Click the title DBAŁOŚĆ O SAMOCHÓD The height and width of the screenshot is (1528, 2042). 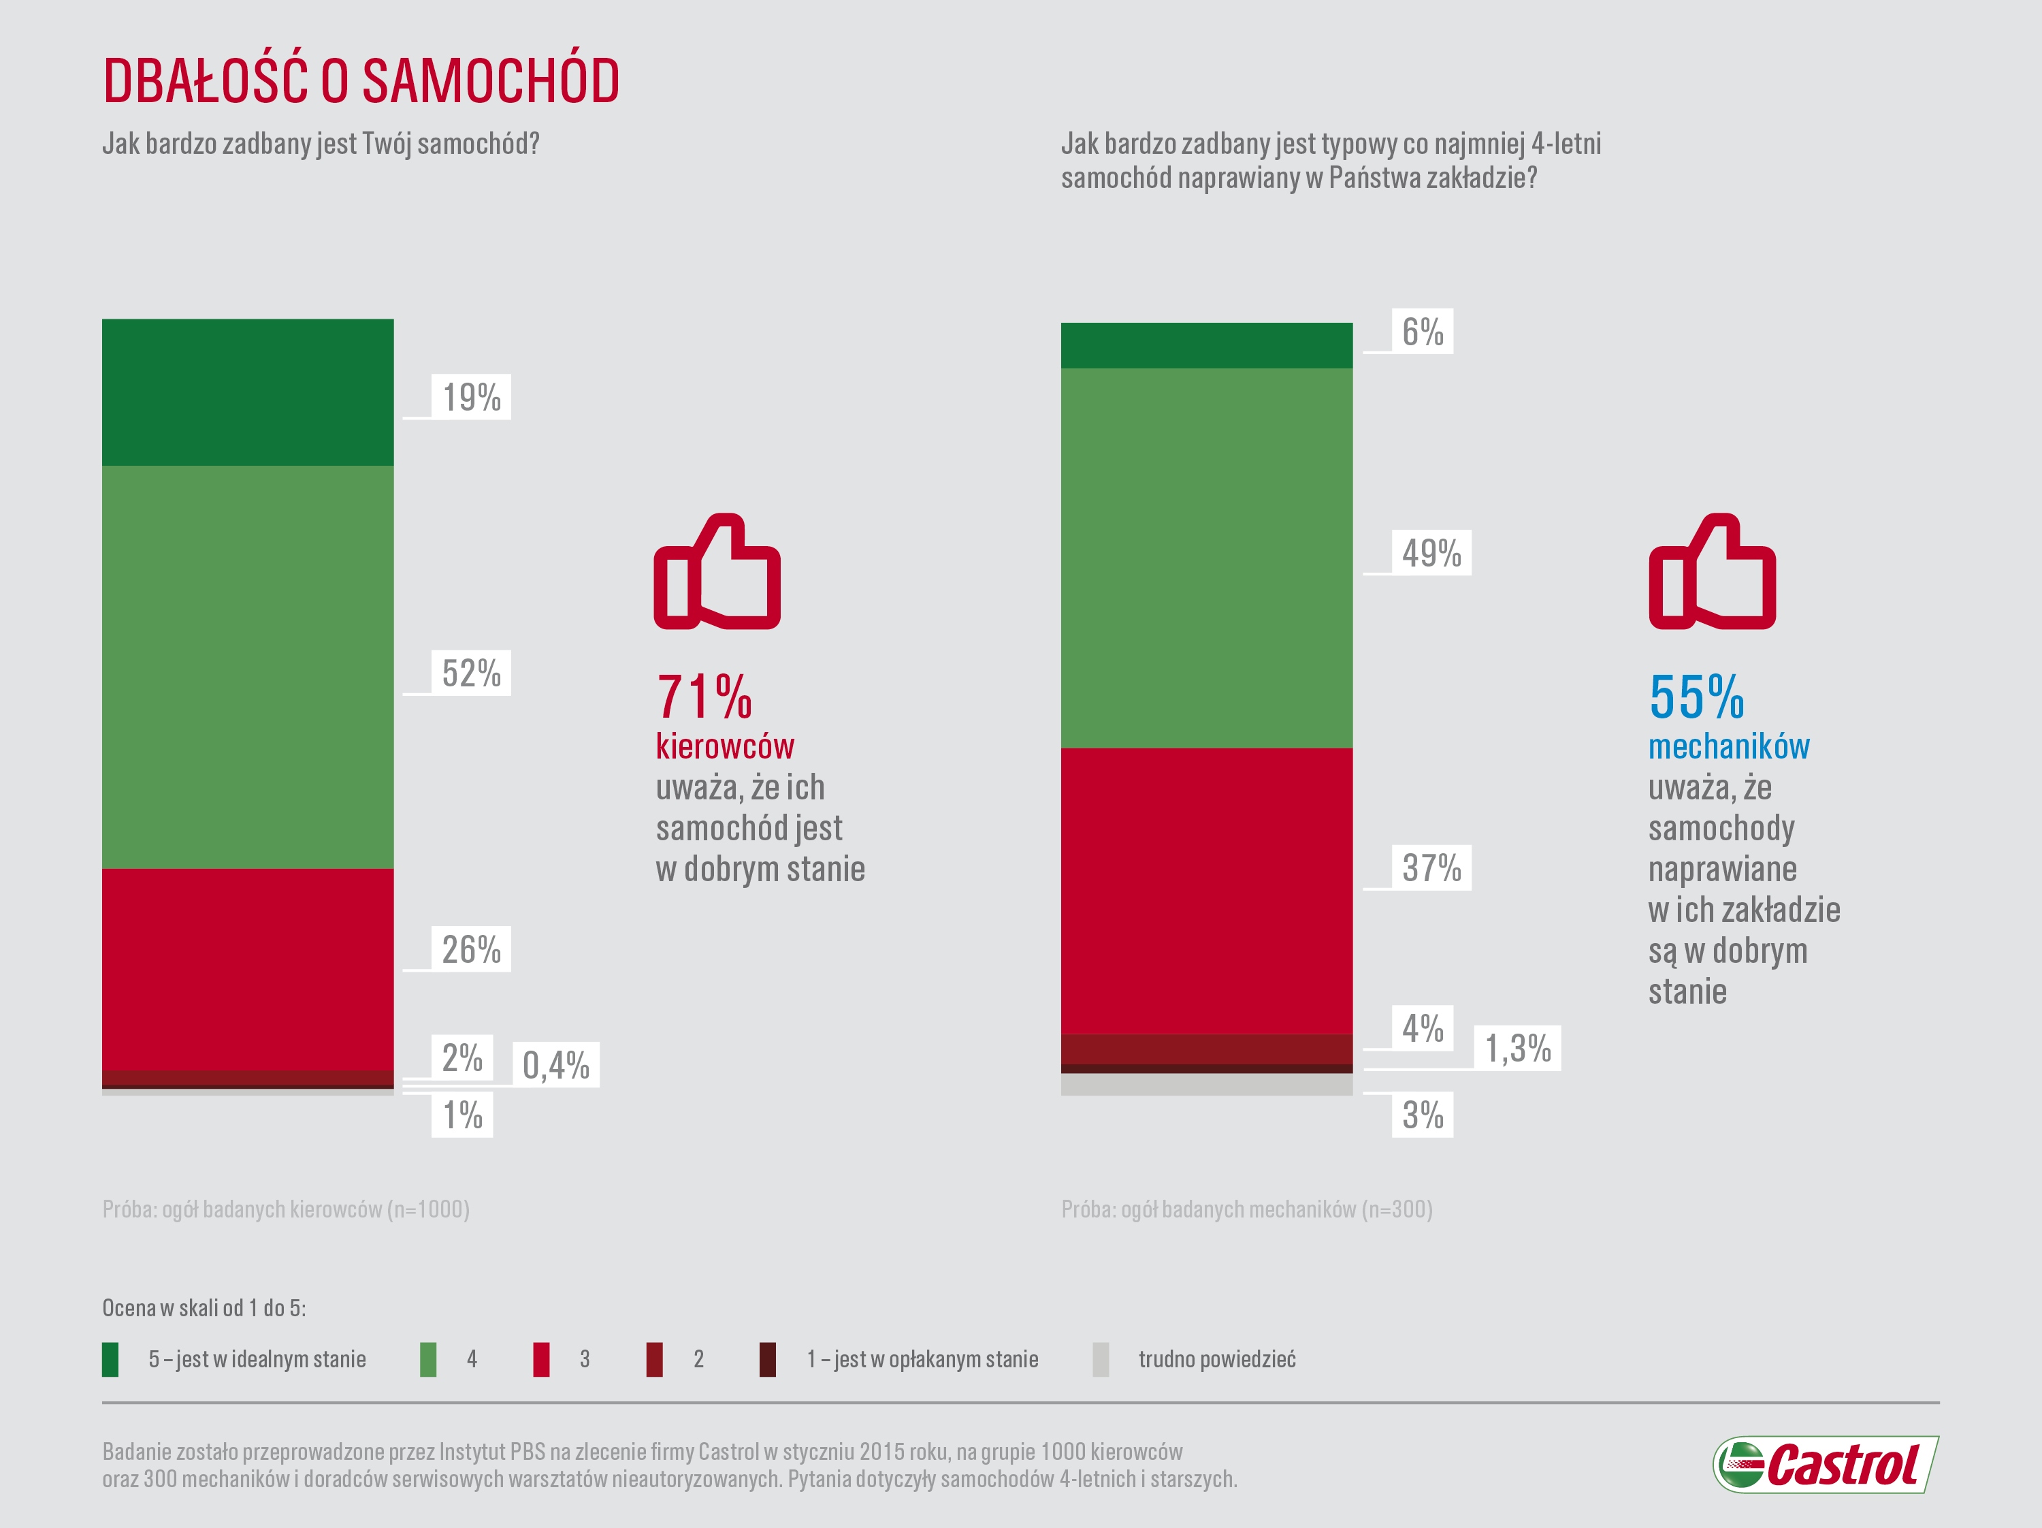tap(361, 80)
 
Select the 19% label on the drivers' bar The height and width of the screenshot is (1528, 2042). tap(471, 397)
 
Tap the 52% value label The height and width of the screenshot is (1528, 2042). tap(471, 673)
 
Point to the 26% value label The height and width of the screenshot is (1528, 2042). tap(471, 949)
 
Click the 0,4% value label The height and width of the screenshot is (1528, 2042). tap(555, 1064)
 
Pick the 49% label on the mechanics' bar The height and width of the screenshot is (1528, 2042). tap(1431, 553)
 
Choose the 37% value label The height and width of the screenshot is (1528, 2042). tap(1431, 868)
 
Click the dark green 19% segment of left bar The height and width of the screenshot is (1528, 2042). tap(247, 392)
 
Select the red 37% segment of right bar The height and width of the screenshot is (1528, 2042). tap(1207, 891)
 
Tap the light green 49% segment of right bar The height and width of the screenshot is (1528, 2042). tap(1207, 558)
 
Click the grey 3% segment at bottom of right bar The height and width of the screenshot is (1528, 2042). tap(1207, 1085)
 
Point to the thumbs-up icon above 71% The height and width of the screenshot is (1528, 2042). tap(717, 573)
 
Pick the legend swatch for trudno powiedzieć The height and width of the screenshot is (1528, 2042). tap(1101, 1359)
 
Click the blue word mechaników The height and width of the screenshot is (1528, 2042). tap(1729, 746)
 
